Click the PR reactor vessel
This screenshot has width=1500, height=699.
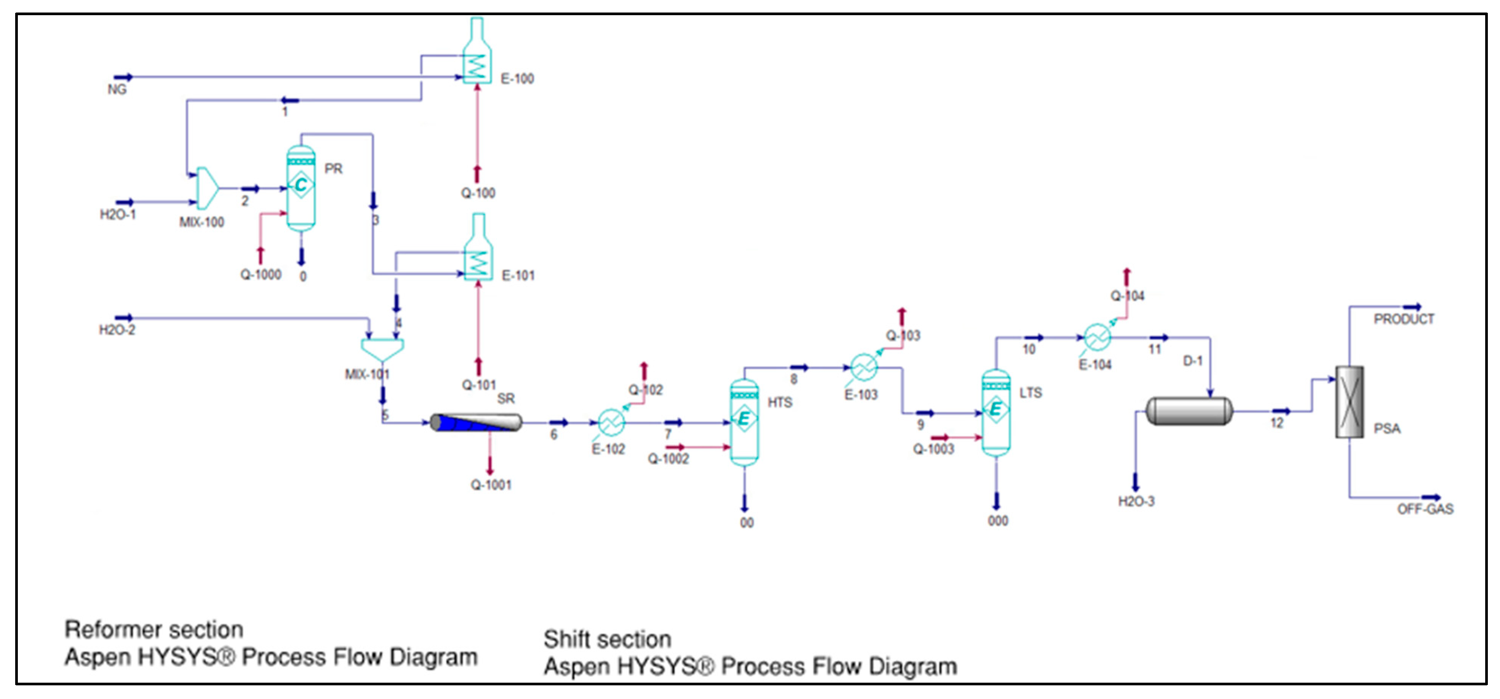click(x=301, y=188)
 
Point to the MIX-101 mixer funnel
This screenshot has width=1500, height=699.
click(x=382, y=348)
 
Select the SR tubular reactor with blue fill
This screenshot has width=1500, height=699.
click(x=476, y=422)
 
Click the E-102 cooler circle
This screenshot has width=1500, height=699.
click(x=611, y=422)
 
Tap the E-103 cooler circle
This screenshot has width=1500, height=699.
click(x=864, y=368)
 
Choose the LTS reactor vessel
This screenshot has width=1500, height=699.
click(x=996, y=412)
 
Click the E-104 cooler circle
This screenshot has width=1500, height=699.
click(x=1098, y=338)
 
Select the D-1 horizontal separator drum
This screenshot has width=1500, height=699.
click(x=1188, y=411)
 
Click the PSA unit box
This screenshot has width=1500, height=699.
click(x=1349, y=401)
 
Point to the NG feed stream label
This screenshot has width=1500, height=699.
click(x=117, y=90)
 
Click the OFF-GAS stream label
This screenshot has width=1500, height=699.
click(x=1425, y=509)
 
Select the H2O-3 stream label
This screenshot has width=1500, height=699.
click(x=1136, y=502)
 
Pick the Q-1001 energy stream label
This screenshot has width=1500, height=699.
click(x=491, y=485)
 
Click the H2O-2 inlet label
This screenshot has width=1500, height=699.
click(x=117, y=330)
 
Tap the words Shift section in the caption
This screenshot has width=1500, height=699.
click(x=607, y=640)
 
